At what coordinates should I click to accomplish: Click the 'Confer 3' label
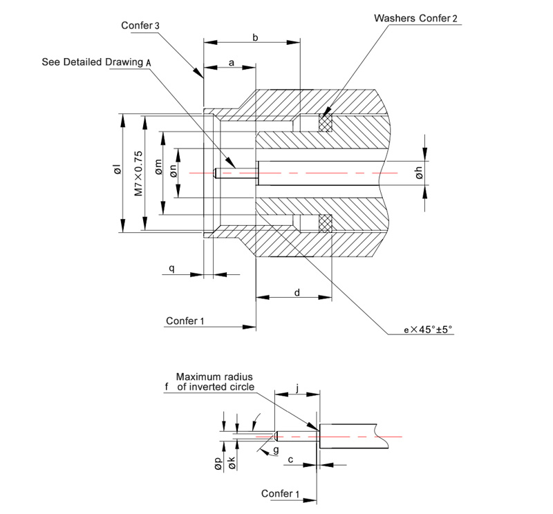[140, 25]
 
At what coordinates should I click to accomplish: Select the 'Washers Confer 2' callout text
[417, 17]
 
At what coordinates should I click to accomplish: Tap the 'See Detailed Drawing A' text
[96, 61]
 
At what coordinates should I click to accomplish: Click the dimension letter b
[255, 38]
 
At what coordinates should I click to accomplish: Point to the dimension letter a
[231, 63]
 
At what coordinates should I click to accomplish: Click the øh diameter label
[420, 173]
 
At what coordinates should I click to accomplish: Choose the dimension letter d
[297, 292]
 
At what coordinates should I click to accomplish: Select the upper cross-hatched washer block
[325, 123]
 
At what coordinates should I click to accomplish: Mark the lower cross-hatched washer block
[325, 222]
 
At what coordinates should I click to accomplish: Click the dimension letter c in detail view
[291, 458]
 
